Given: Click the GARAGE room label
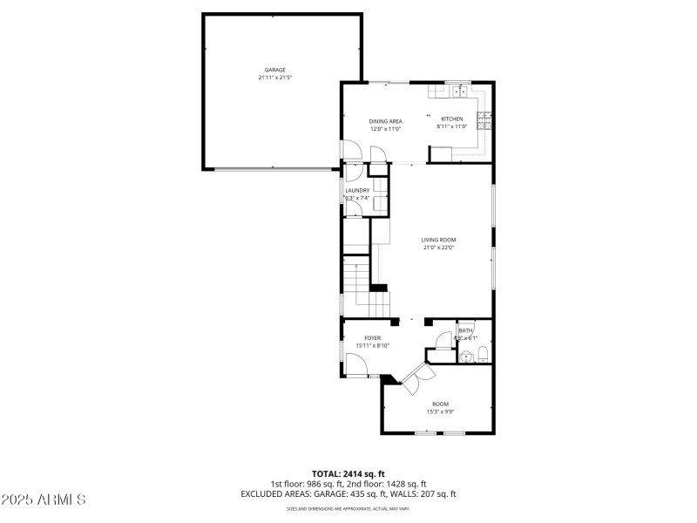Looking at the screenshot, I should (275, 70).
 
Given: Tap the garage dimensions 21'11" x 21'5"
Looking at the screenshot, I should (275, 78).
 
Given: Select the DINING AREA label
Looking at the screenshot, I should (385, 121).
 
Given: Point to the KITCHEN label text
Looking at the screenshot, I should (452, 119).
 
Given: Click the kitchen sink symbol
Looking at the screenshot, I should (458, 92).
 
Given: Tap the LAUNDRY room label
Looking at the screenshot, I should (357, 190).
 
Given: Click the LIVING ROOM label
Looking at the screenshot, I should (439, 240).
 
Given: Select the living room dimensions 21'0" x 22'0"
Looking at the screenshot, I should (439, 248).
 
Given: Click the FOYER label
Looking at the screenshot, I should (372, 337).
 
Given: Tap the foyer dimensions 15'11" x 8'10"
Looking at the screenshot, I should (372, 345).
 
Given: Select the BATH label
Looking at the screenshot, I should (466, 330).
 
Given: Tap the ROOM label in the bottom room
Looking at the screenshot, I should (440, 404).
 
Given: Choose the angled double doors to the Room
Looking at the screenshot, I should (415, 377).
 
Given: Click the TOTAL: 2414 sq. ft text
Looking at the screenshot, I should (348, 474).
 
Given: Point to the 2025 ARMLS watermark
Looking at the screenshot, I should (44, 500).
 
